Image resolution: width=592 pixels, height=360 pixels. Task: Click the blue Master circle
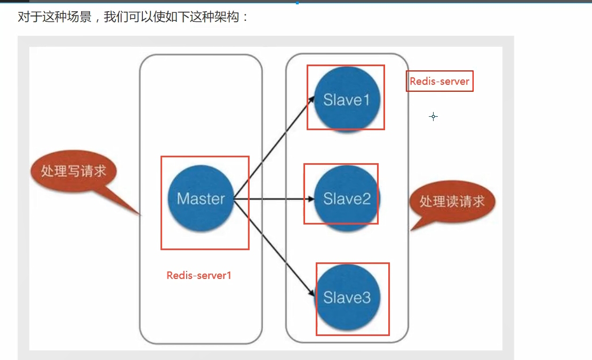201,199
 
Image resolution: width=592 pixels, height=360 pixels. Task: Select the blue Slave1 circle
347,100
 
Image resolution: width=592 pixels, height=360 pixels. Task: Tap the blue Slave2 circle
347,199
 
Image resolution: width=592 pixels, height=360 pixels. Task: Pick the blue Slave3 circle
347,298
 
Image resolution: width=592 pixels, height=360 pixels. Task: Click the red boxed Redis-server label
439,82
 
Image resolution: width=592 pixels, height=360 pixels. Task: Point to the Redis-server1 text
198,276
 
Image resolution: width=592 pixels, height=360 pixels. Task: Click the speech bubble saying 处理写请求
74,171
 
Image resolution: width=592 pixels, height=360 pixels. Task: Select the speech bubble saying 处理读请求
452,201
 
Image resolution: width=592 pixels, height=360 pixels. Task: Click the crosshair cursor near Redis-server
433,116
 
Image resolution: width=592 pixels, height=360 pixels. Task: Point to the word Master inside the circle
201,199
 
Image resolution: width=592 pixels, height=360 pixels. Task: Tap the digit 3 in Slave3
365,298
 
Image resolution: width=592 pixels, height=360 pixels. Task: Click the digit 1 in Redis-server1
229,276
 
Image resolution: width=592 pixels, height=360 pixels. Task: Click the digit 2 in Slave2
365,199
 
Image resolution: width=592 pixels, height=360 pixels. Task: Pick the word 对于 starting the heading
28,17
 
